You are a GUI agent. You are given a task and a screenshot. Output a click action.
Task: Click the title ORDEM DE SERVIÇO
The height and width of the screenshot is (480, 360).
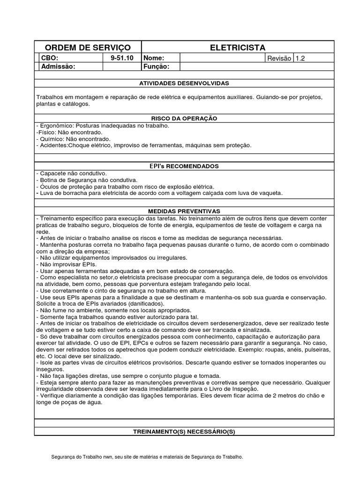[x=87, y=48]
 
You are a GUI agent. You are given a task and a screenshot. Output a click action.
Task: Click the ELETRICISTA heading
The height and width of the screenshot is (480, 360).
[x=238, y=48]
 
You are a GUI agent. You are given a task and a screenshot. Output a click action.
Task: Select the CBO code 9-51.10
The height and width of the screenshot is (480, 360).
[x=122, y=59]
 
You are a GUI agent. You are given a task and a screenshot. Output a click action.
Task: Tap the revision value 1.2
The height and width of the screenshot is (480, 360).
[x=300, y=59]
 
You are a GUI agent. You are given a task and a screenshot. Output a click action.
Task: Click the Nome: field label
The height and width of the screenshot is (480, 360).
[x=154, y=59]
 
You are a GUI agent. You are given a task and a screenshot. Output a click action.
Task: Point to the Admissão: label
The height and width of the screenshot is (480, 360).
[x=58, y=67]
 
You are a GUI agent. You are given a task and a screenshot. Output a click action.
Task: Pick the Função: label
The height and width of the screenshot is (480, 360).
[x=156, y=67]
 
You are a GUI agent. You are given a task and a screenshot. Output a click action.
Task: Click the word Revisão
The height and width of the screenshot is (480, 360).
[x=279, y=59]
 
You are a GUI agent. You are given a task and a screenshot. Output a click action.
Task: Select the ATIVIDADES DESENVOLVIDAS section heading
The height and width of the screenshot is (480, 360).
[x=184, y=83]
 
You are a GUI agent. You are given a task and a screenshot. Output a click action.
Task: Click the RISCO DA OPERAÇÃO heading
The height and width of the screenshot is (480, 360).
[x=184, y=119]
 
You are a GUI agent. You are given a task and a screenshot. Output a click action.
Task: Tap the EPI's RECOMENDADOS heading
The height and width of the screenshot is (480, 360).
[x=184, y=166]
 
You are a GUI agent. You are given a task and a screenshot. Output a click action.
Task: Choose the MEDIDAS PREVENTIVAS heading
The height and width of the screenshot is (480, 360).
[x=184, y=211]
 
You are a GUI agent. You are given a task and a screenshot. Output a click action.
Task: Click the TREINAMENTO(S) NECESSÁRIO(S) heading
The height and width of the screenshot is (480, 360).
[x=184, y=431]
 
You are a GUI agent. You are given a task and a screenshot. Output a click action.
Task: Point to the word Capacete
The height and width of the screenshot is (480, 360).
[x=53, y=173]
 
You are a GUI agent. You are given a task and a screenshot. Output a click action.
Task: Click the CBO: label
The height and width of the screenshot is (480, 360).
[x=50, y=59]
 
